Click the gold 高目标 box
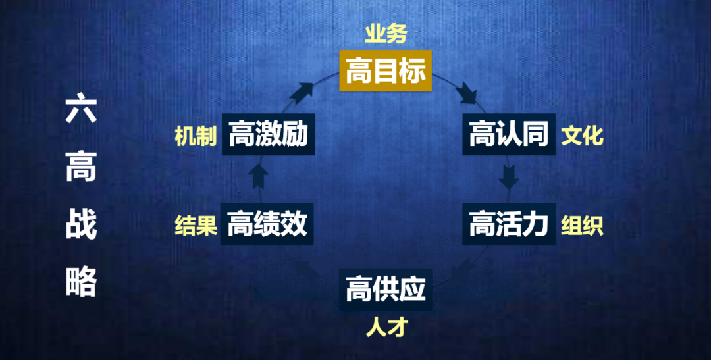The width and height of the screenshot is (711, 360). coord(385,71)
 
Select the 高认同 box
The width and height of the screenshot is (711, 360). coord(508,136)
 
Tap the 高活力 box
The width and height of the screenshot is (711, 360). coord(508,224)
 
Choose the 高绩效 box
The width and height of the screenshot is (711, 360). coord(267,224)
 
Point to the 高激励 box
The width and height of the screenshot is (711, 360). coord(267,136)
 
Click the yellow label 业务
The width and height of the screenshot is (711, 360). coord(386,34)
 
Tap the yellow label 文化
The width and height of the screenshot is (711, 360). coord(582,136)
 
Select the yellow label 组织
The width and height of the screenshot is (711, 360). coord(582,225)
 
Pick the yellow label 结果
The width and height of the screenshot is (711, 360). coord(196,225)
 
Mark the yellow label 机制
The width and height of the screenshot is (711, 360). coord(196,136)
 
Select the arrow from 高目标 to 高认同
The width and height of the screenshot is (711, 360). coord(471,93)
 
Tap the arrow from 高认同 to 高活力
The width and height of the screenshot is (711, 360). coord(509,176)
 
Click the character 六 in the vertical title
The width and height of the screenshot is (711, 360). coord(82,109)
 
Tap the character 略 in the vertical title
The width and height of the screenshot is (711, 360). coord(82,282)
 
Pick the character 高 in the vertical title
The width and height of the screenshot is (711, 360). coord(82,167)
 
